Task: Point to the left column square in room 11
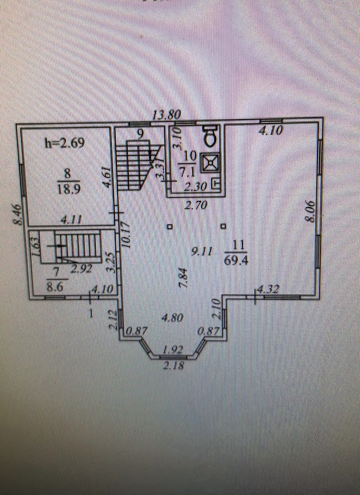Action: pos(169,226)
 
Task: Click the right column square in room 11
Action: pos(223,226)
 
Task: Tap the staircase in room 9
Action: pos(138,165)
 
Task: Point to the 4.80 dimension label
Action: pos(171,318)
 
